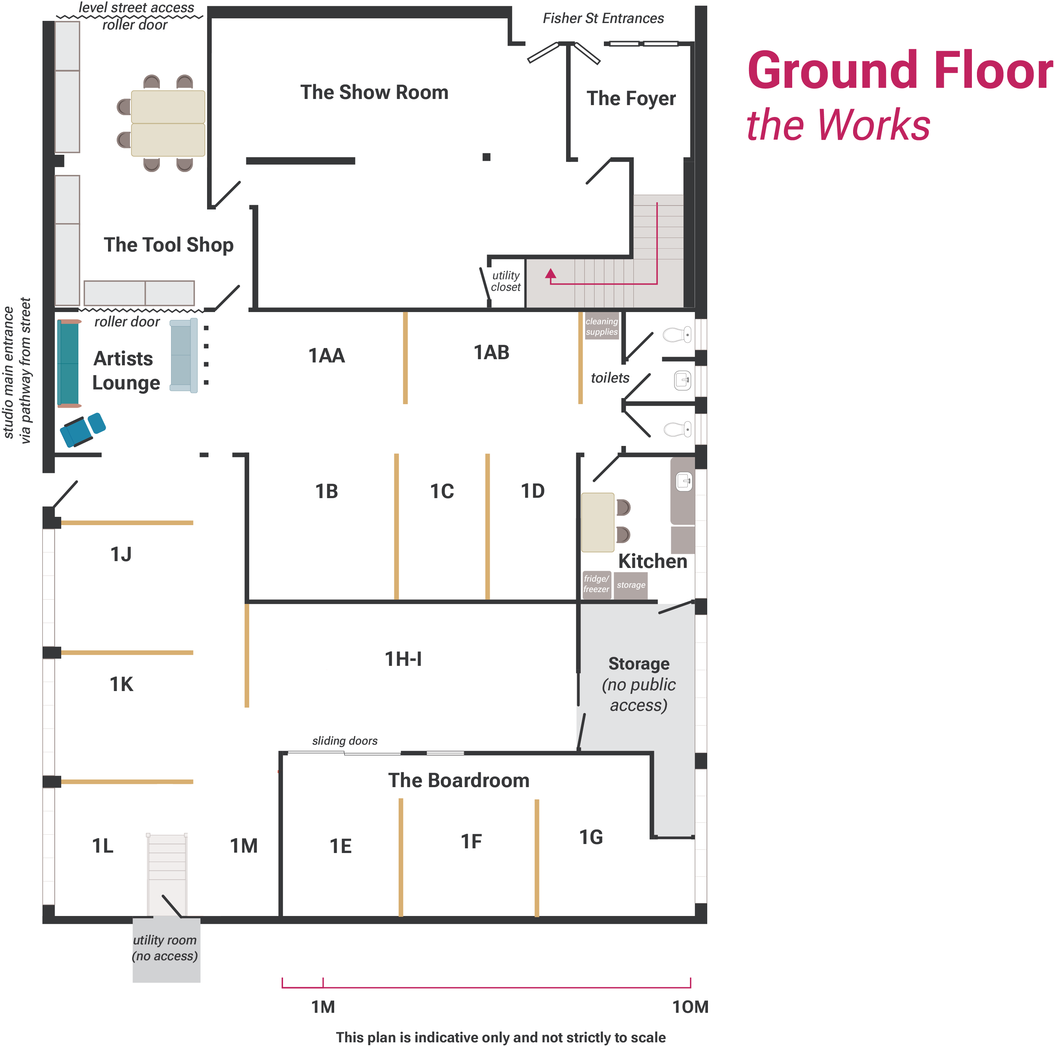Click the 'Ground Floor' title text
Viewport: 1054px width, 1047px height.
click(899, 71)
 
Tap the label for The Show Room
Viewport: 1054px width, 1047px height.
click(374, 93)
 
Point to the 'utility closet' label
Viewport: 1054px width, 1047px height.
click(506, 281)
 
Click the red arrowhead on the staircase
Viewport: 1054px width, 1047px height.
click(551, 274)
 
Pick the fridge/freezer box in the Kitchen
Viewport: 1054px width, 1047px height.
click(596, 585)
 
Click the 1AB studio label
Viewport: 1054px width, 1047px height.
click(491, 353)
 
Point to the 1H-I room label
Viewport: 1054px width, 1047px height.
click(403, 659)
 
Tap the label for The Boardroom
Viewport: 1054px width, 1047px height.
click(458, 780)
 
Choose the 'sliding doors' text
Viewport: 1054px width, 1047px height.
click(345, 741)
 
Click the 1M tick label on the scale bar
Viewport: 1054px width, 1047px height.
click(323, 1007)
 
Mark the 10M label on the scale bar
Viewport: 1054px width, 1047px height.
click(690, 1007)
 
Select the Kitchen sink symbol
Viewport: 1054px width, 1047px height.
click(683, 482)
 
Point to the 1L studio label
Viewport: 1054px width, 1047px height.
click(103, 846)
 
